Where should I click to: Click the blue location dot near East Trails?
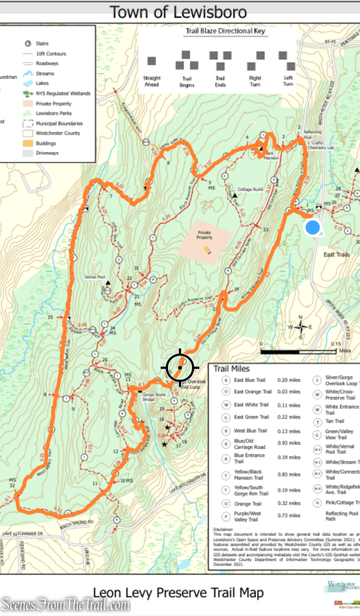pyautogui.click(x=312, y=227)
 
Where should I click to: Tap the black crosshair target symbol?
pyautogui.click(x=179, y=366)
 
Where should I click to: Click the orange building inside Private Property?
pyautogui.click(x=207, y=250)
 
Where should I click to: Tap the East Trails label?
pyautogui.click(x=336, y=254)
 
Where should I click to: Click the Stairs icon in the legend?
pyautogui.click(x=28, y=44)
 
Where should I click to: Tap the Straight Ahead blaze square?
pyautogui.click(x=152, y=61)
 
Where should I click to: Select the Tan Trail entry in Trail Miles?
pyautogui.click(x=335, y=421)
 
